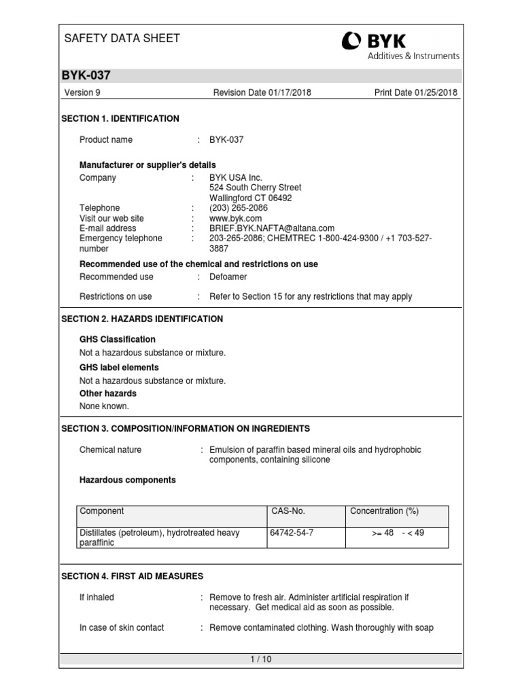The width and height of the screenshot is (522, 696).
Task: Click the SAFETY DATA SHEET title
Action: click(122, 39)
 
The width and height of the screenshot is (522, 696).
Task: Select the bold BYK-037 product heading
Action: click(86, 75)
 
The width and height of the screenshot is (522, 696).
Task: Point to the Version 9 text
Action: click(82, 92)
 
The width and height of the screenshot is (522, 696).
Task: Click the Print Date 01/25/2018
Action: click(415, 92)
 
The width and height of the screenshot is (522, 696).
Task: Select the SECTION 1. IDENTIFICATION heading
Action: click(120, 119)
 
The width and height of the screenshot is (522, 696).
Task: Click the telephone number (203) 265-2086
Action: click(238, 208)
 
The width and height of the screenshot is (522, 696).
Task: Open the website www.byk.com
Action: click(235, 219)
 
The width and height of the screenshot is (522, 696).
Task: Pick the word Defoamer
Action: click(229, 277)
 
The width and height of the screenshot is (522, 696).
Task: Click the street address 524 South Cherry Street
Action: click(255, 188)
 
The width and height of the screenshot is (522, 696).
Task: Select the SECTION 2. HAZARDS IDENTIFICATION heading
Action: click(142, 319)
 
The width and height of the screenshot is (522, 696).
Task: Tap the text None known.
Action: click(104, 406)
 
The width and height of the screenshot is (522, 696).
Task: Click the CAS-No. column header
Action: click(288, 511)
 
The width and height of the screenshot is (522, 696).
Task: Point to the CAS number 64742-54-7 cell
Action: click(292, 533)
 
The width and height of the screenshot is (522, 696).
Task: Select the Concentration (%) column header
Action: click(384, 511)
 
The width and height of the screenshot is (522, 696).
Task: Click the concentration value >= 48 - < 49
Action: click(398, 533)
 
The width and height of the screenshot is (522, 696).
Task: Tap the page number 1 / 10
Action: click(260, 659)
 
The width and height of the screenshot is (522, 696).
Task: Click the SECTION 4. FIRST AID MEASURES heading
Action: click(132, 576)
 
